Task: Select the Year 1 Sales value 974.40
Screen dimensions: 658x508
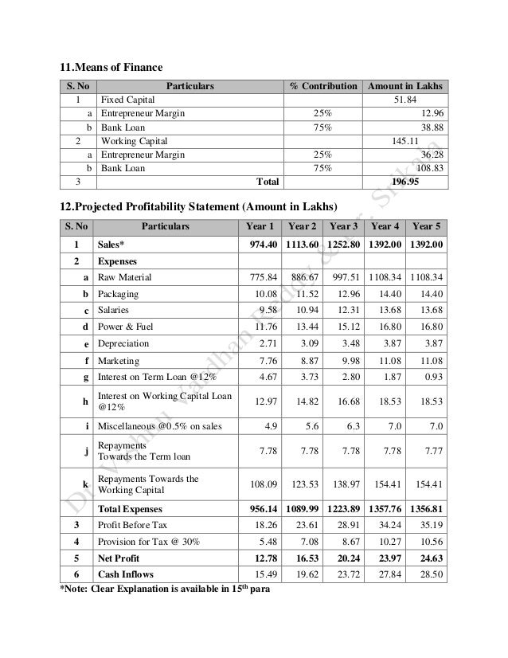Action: tap(259, 244)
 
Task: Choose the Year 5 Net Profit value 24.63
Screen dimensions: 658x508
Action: tap(428, 558)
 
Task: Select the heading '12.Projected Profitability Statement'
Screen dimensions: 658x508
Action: tap(194, 206)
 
